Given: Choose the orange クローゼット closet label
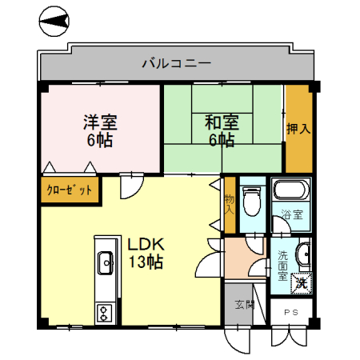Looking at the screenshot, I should coord(70,191).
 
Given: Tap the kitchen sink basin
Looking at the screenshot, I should coord(106,262).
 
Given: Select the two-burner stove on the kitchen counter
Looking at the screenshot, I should coord(105,311).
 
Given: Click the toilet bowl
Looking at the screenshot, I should coord(254,200).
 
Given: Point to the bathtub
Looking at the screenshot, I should coord(289,192).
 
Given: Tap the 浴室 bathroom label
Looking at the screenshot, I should coord(292,215).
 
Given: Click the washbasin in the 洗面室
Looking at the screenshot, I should coord(303,255).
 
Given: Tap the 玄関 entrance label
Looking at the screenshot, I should coord(245,305).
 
